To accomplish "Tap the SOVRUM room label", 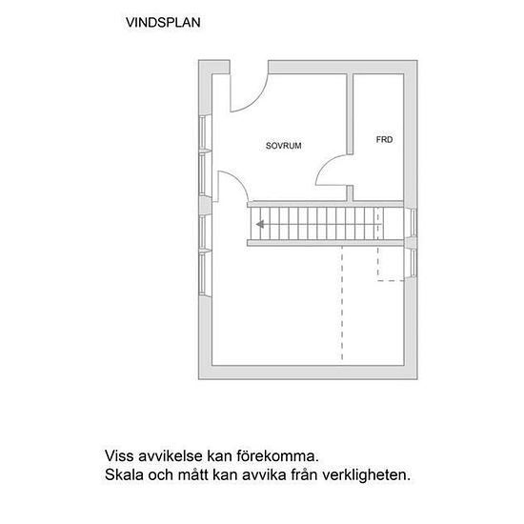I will click(x=283, y=146).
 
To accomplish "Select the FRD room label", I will click(x=384, y=139).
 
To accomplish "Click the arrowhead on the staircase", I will click(x=260, y=225).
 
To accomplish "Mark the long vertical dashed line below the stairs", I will click(x=341, y=305).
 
